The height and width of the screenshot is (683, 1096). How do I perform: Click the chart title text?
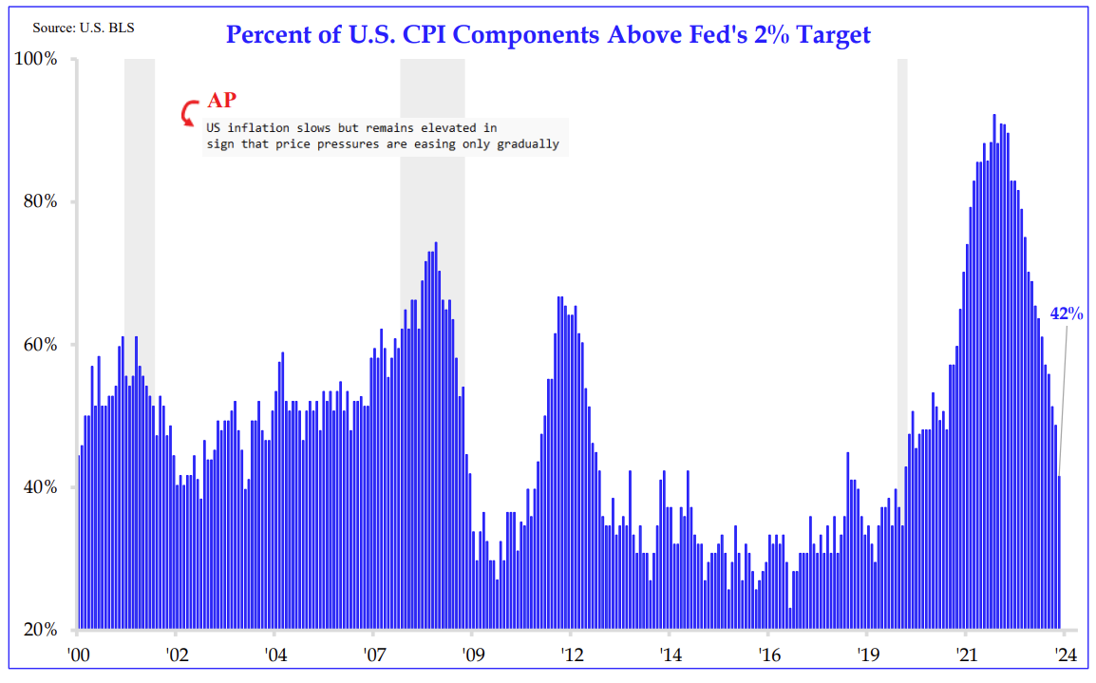point(548,35)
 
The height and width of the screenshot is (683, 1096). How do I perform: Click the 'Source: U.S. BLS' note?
point(84,28)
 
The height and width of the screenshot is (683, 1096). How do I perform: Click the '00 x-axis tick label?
point(79,655)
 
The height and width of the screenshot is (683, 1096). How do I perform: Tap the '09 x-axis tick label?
point(472,655)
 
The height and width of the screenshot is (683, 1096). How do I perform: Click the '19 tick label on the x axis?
point(866,655)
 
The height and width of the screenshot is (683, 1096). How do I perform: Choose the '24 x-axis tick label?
point(1064,655)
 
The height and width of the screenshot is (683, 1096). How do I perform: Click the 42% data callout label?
point(1066,313)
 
